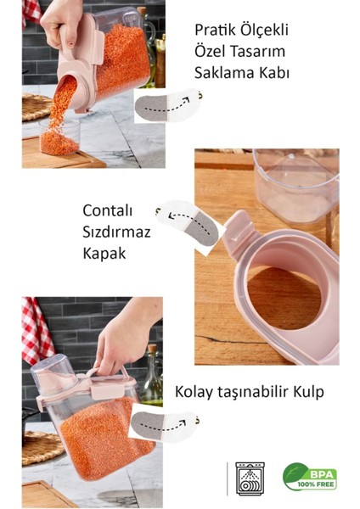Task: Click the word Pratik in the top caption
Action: click(x=213, y=31)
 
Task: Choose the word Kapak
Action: click(x=104, y=253)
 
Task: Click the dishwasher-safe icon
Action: click(x=250, y=477)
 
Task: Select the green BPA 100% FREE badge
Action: click(x=308, y=477)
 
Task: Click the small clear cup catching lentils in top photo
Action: click(x=59, y=136)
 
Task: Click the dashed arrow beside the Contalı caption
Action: click(x=188, y=219)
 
